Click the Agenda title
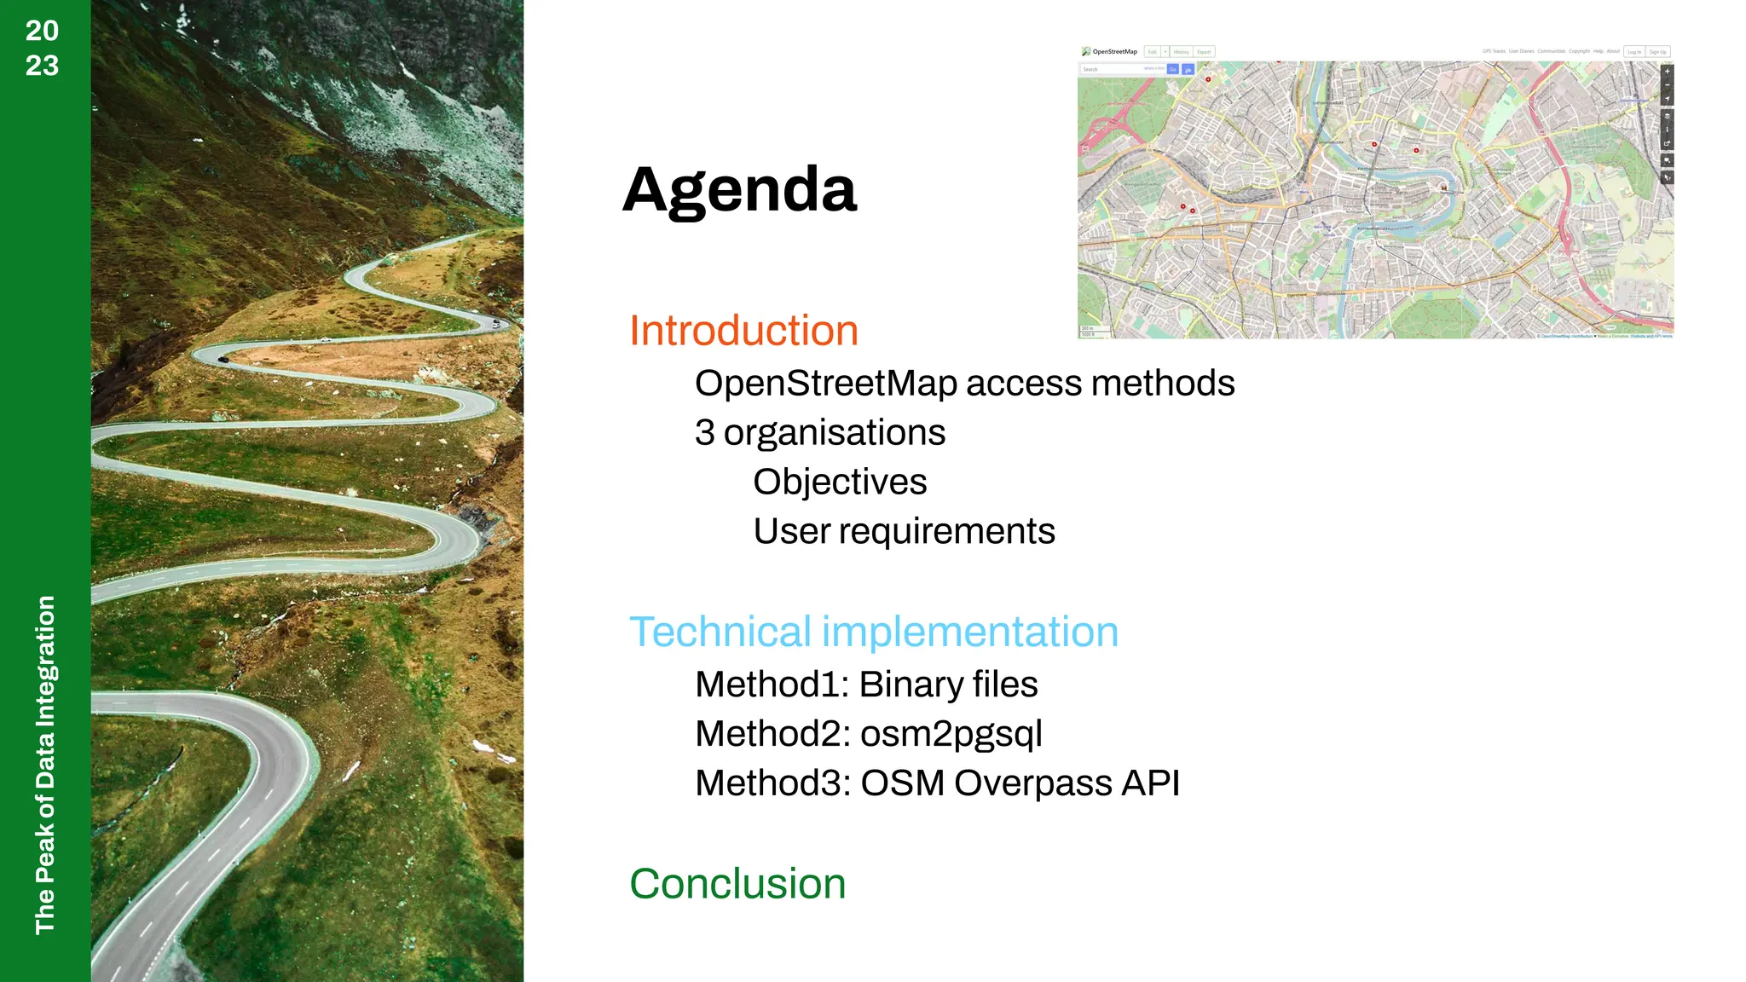click(x=739, y=190)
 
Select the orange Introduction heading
click(x=743, y=331)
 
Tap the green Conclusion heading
click(x=737, y=884)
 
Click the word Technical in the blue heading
click(x=720, y=633)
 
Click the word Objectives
click(x=840, y=482)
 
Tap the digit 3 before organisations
click(x=704, y=433)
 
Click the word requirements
click(x=947, y=532)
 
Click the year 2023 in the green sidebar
click(x=42, y=48)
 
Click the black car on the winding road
click(x=223, y=360)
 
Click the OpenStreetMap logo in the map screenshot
click(x=1086, y=52)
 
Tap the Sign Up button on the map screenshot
click(x=1657, y=52)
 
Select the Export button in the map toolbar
click(x=1204, y=52)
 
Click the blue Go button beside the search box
click(x=1172, y=69)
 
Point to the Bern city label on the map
click(x=1401, y=193)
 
